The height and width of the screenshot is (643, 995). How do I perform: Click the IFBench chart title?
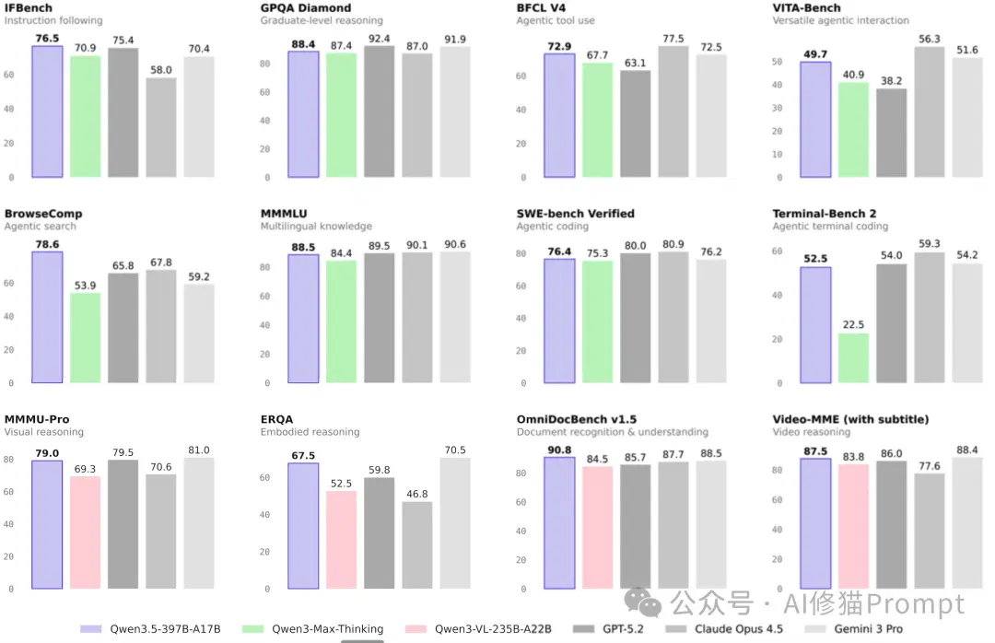[29, 7]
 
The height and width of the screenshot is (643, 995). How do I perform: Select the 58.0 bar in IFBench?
[161, 127]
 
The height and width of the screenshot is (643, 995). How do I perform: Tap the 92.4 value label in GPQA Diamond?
[379, 39]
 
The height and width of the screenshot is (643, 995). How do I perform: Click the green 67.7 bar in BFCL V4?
[597, 120]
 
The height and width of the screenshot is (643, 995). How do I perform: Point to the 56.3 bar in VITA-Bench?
[929, 111]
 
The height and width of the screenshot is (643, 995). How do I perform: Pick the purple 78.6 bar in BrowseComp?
[47, 318]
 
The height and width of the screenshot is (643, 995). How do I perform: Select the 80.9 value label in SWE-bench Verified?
[673, 244]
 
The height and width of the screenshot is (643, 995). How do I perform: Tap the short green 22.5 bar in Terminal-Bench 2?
[853, 358]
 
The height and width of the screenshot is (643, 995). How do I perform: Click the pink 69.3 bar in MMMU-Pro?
[85, 532]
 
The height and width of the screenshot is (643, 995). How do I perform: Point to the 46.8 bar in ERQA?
[417, 545]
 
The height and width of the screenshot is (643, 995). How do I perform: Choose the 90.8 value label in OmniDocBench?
[559, 450]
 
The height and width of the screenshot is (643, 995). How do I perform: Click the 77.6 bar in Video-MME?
[929, 532]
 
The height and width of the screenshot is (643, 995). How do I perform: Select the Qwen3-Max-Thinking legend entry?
[313, 629]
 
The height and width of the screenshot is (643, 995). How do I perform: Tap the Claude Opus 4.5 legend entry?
[724, 629]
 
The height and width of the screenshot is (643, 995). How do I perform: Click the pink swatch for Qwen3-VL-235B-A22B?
[416, 629]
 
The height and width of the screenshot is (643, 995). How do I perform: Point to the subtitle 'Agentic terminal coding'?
[830, 226]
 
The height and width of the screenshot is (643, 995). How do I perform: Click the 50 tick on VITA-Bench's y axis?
[777, 62]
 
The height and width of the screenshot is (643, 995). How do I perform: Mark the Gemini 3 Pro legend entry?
[853, 629]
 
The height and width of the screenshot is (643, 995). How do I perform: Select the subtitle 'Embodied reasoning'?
[310, 432]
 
